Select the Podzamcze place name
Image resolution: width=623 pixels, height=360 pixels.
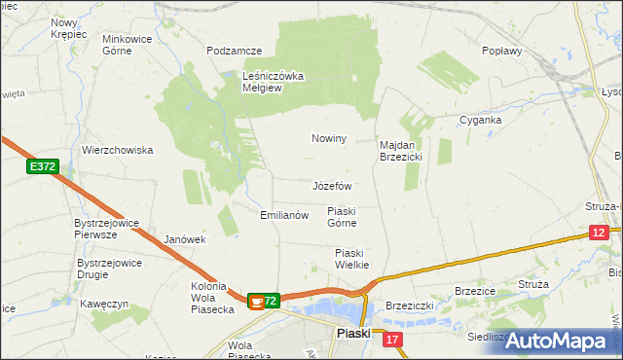point(235,50)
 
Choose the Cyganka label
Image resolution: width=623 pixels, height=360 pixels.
point(481,121)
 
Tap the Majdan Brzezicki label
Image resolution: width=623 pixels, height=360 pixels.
point(399,150)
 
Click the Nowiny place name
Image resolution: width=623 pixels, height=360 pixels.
point(329,138)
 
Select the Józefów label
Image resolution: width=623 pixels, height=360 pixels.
point(332,185)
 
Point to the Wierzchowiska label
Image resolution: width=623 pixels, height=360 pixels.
point(118,150)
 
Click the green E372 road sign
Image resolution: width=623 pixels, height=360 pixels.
point(42,167)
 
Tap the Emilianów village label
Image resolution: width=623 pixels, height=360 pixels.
point(284,215)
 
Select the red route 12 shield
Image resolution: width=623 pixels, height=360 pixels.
point(599,232)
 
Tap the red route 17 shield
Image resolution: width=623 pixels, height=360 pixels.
point(391,339)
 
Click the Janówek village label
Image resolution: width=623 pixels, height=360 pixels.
point(185,238)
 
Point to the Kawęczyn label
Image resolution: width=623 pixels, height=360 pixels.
point(106,304)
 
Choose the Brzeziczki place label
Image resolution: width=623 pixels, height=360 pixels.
point(409,305)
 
